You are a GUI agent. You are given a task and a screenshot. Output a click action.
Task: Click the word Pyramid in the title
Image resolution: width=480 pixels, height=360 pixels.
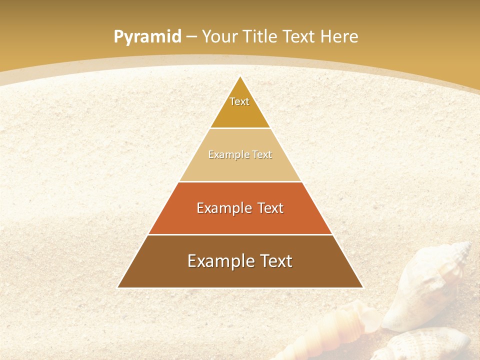point(147,37)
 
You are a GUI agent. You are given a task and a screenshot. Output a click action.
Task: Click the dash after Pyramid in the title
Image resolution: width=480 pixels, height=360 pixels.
point(191,37)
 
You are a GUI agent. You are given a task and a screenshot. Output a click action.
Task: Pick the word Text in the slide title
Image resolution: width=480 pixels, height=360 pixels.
point(300,37)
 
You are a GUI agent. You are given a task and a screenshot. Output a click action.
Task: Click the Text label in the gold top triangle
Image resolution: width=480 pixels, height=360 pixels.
point(239,101)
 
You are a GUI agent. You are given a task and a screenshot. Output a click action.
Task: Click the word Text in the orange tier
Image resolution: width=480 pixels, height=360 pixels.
point(271,208)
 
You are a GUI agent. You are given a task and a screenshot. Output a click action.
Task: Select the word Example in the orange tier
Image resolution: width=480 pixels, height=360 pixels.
point(223,208)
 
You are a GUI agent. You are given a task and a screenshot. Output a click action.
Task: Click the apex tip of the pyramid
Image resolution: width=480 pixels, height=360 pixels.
point(240,76)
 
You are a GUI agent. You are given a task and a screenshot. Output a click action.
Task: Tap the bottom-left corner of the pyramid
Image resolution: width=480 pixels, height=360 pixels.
point(118,287)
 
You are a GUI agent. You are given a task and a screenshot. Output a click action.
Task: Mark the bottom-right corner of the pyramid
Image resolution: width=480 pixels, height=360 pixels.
point(362,287)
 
